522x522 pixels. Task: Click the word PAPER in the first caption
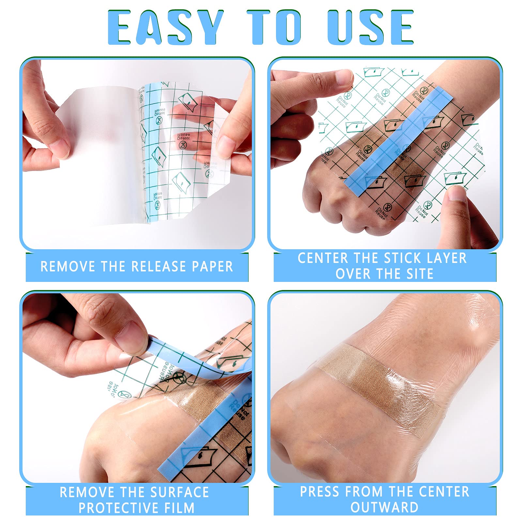(212, 267)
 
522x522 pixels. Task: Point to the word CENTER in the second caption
(323, 258)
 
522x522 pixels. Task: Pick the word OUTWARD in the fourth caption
(385, 508)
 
